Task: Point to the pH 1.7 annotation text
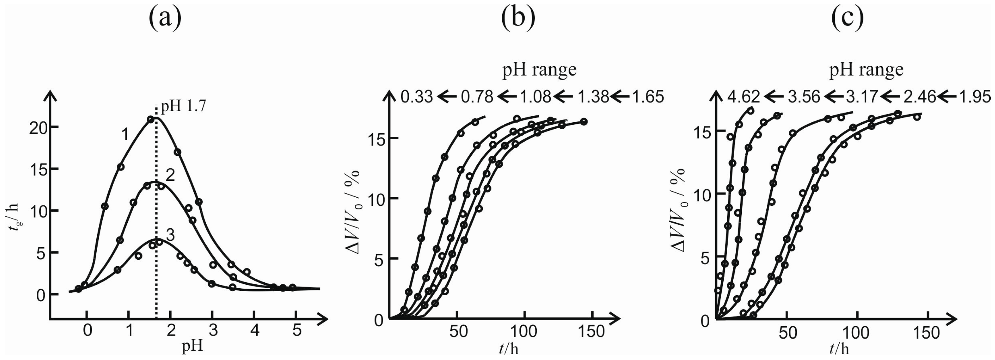tap(183, 105)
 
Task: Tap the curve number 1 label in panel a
tap(125, 135)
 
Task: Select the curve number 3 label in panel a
tap(170, 235)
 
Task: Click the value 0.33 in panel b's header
tap(416, 97)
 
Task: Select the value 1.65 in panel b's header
tap(648, 97)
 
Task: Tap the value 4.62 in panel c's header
tap(743, 97)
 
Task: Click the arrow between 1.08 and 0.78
tap(507, 97)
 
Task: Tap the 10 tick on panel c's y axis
tap(701, 196)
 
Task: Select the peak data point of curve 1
tap(151, 119)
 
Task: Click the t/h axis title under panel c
tap(839, 349)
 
